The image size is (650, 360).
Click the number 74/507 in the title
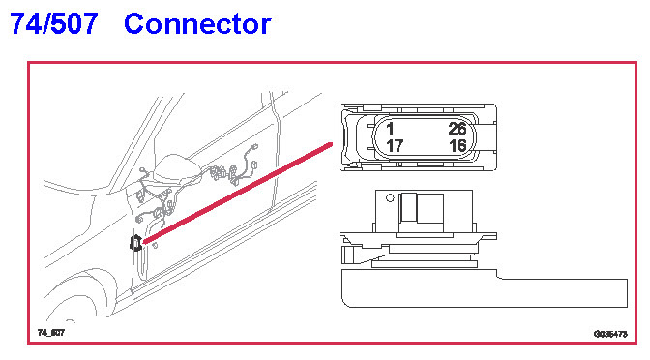(54, 23)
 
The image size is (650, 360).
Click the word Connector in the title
(197, 24)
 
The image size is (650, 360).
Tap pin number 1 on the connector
(390, 129)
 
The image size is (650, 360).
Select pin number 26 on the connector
(458, 129)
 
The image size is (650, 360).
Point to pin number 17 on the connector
(395, 146)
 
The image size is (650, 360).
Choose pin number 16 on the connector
(458, 146)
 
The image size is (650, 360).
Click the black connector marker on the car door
(135, 243)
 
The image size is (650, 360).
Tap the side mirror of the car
(177, 167)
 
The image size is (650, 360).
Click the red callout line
(237, 194)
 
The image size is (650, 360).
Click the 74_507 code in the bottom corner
(51, 332)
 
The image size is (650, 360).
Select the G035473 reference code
(610, 334)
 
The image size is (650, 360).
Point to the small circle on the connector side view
(390, 198)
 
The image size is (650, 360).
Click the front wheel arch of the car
(76, 290)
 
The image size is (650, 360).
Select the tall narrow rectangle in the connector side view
(409, 207)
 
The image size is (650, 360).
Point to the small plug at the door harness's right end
(253, 165)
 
